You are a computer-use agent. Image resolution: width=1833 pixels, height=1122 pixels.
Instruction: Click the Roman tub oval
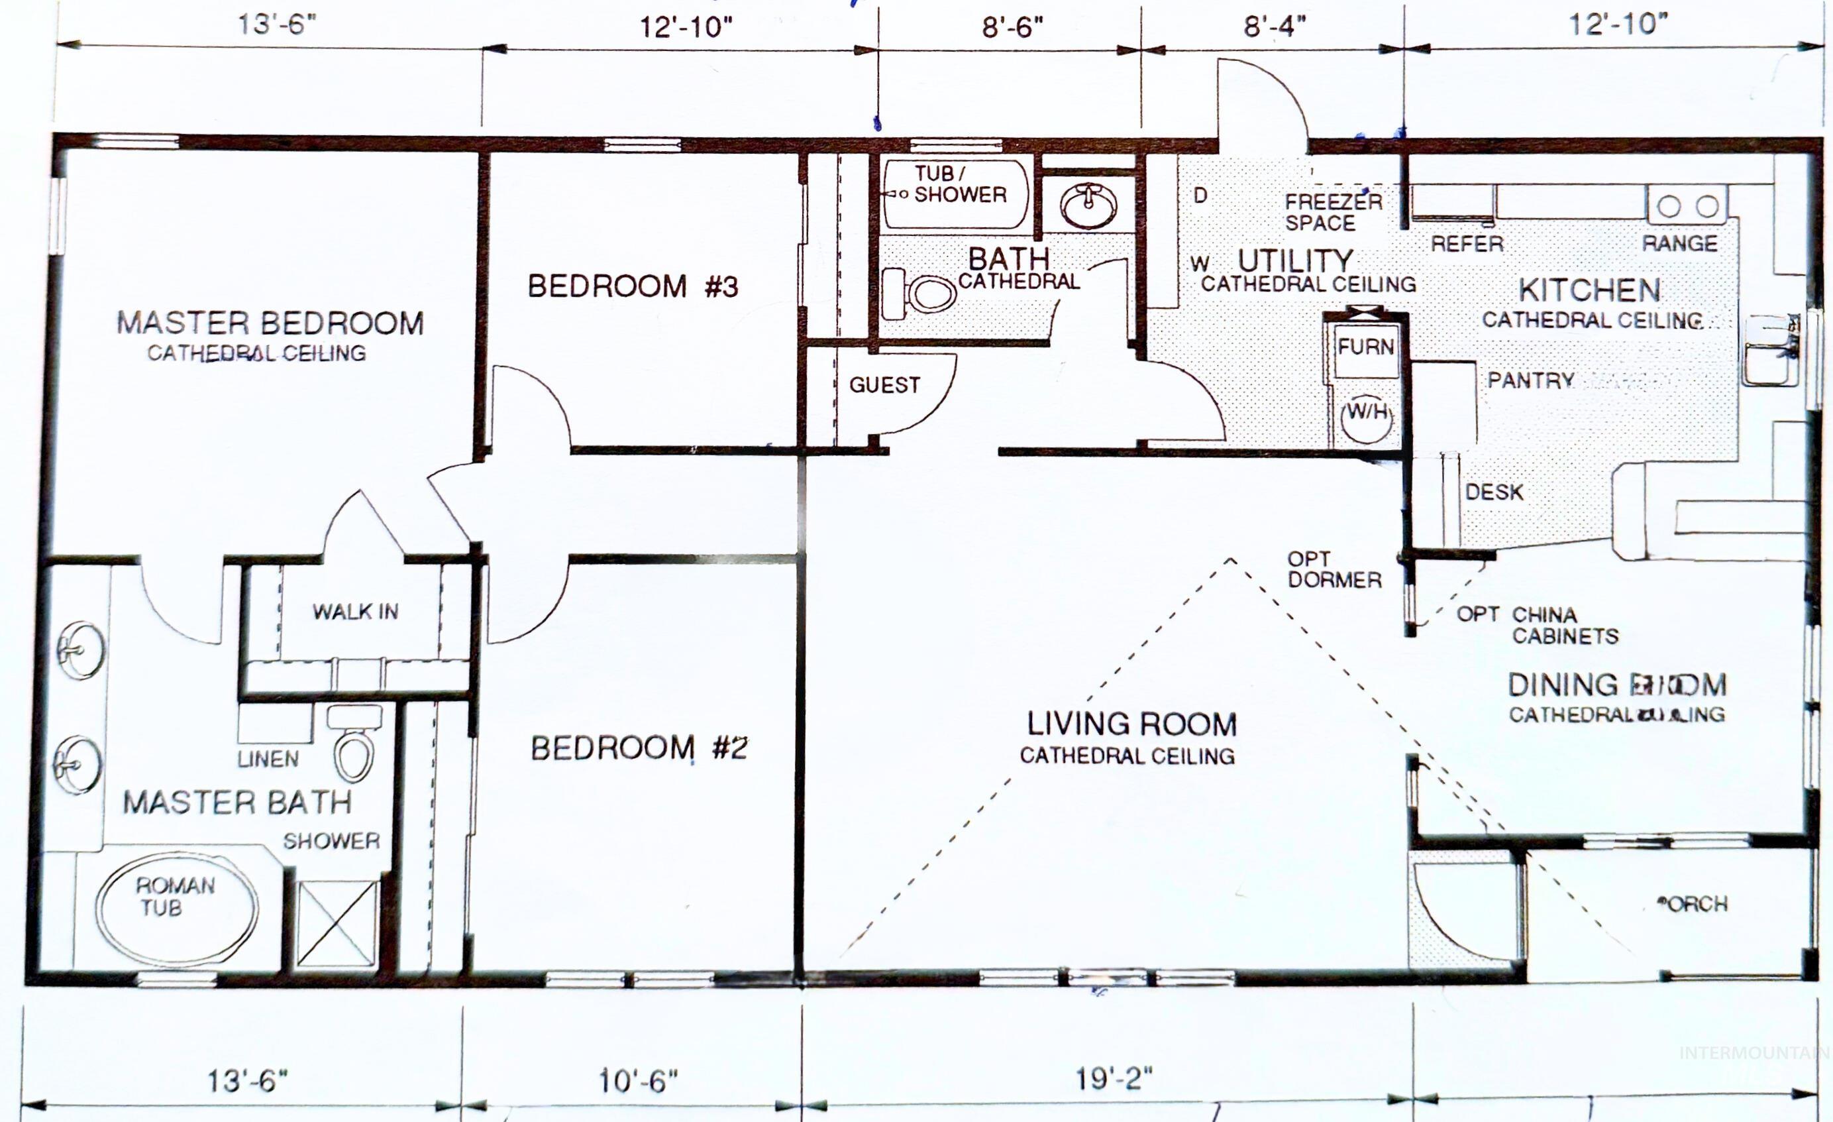tap(177, 907)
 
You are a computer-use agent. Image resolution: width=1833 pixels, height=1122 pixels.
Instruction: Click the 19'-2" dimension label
tap(1114, 1078)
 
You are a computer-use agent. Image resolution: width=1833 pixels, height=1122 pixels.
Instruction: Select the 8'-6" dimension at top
tap(1012, 28)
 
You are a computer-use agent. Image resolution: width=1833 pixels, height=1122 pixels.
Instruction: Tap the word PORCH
tap(1693, 904)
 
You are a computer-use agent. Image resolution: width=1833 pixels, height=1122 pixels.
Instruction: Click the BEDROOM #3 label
tap(633, 286)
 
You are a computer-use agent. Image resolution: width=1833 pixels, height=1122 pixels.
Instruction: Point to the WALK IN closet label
tap(355, 612)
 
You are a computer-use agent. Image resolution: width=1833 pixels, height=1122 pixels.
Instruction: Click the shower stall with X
tap(338, 923)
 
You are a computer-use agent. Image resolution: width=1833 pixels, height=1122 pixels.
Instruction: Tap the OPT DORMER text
tap(1334, 569)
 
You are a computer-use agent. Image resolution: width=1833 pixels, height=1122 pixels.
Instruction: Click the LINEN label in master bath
tap(268, 759)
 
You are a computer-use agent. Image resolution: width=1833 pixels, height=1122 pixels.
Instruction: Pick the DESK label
tap(1494, 492)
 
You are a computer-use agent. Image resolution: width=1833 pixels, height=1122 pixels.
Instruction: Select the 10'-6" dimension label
tap(639, 1081)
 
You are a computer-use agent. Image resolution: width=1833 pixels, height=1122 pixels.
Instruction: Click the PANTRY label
tap(1530, 380)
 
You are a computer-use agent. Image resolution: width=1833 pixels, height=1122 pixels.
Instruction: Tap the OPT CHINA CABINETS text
tap(1537, 625)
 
